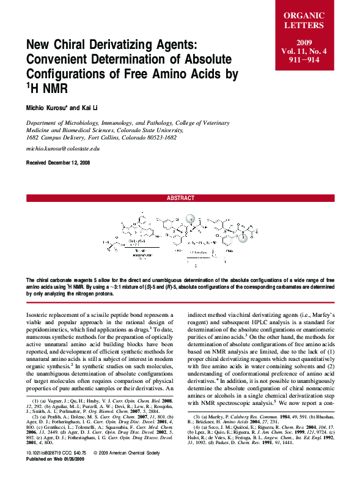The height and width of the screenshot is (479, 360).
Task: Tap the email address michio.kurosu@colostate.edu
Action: [62, 149]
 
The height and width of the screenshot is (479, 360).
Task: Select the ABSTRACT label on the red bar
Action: [180, 198]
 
